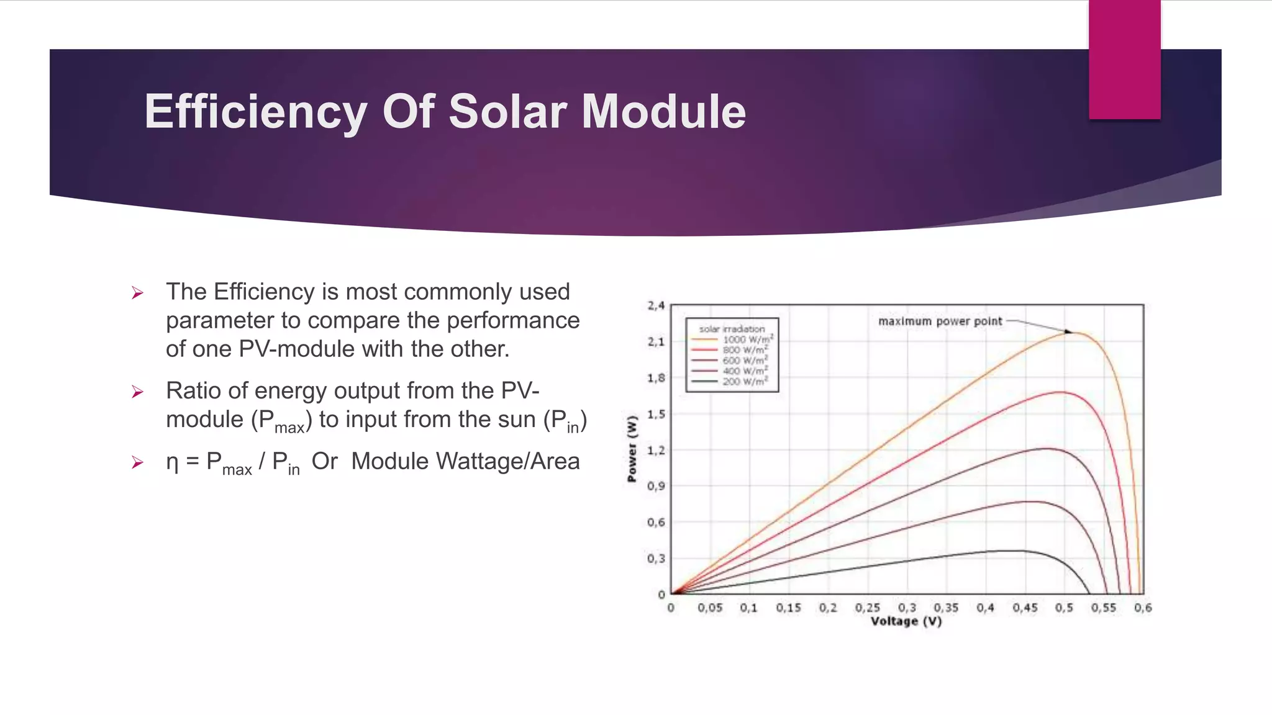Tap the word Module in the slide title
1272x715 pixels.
[x=663, y=112]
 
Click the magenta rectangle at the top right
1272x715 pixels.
[x=1124, y=60]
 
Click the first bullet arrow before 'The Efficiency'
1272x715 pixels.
[x=138, y=293]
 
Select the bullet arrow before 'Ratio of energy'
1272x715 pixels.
[x=138, y=392]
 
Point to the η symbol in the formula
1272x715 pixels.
[x=172, y=462]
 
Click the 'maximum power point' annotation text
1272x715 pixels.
[x=940, y=321]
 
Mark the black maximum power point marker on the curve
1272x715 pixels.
[x=1068, y=332]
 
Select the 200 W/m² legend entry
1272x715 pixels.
[x=745, y=381]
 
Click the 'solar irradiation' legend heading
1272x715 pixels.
[x=732, y=329]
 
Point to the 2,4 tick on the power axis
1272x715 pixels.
[x=656, y=305]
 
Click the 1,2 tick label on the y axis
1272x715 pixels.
[x=656, y=450]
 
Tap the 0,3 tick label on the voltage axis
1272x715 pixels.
[x=907, y=608]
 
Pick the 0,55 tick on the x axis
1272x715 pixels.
[x=1104, y=608]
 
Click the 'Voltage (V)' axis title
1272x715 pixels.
[x=906, y=621]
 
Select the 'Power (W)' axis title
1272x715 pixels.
[x=632, y=449]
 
